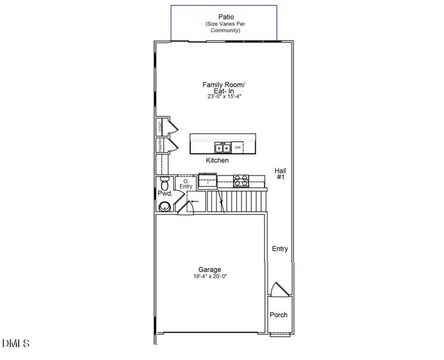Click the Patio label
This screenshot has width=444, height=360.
click(x=226, y=17)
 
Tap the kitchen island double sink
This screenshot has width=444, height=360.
click(x=222, y=147)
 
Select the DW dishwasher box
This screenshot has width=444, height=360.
click(x=237, y=147)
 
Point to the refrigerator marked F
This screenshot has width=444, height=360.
click(x=208, y=181)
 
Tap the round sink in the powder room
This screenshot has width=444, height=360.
click(x=164, y=206)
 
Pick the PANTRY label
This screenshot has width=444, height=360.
click(x=160, y=145)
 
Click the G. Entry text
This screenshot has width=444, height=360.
click(x=185, y=183)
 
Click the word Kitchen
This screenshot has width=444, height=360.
click(x=217, y=160)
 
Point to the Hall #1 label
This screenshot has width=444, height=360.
click(x=280, y=174)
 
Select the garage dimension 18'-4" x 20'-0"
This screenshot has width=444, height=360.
click(x=210, y=277)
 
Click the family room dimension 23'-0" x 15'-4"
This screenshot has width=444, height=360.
click(x=223, y=97)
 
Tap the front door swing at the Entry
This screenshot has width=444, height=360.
click(x=277, y=289)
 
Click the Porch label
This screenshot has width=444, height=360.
click(x=278, y=315)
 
